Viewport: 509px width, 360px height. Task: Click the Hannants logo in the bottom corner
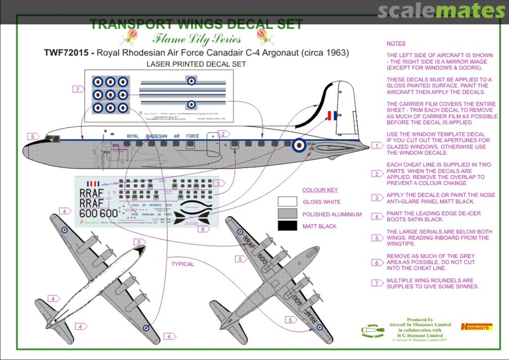pyautogui.click(x=476, y=326)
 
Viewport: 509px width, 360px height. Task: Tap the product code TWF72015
pyautogui.click(x=66, y=53)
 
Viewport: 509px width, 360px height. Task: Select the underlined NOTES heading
pyautogui.click(x=396, y=43)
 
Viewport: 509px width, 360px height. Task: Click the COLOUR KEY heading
pyautogui.click(x=320, y=190)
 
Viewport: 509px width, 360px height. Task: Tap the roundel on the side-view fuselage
pyautogui.click(x=298, y=146)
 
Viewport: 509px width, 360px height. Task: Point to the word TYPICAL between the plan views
pyautogui.click(x=182, y=264)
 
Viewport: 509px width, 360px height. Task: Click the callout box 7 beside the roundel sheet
pyautogui.click(x=78, y=89)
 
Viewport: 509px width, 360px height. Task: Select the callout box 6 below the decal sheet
pyautogui.click(x=202, y=229)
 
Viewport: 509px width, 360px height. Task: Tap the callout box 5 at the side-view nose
pyautogui.click(x=33, y=137)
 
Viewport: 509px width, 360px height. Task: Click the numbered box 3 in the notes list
pyautogui.click(x=377, y=198)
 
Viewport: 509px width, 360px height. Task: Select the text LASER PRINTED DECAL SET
pyautogui.click(x=196, y=64)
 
